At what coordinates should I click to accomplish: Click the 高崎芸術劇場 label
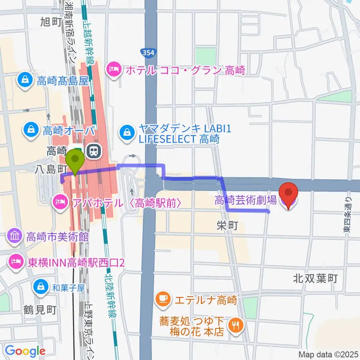click(x=246, y=200)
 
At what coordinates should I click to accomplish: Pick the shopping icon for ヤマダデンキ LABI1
click(x=127, y=131)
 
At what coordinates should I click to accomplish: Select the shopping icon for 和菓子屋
click(x=40, y=287)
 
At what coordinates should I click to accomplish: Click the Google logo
click(x=25, y=351)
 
